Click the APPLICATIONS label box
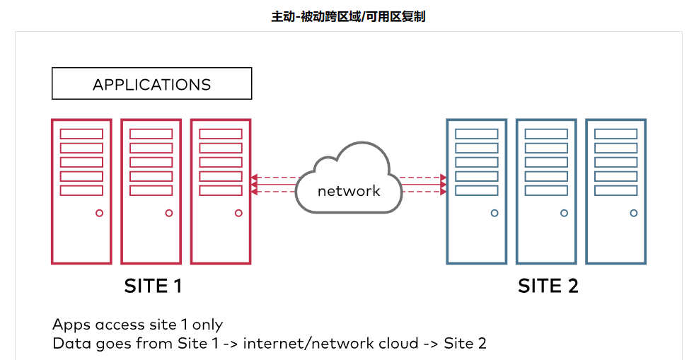coord(151,83)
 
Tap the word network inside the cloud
coord(349,190)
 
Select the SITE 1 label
coord(154,286)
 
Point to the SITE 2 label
coord(548,286)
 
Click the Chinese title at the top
coord(348,16)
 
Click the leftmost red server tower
coord(81,191)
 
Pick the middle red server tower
coord(151,191)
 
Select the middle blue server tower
coord(546,191)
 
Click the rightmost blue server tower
coord(615,191)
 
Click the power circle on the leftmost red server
coord(99,213)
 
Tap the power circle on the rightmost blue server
coord(634,213)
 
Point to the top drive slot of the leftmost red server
coord(81,134)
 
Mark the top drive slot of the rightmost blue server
coord(615,134)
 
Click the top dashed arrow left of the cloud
coord(272,178)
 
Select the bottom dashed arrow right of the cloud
coord(423,192)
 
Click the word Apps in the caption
coord(71,325)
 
